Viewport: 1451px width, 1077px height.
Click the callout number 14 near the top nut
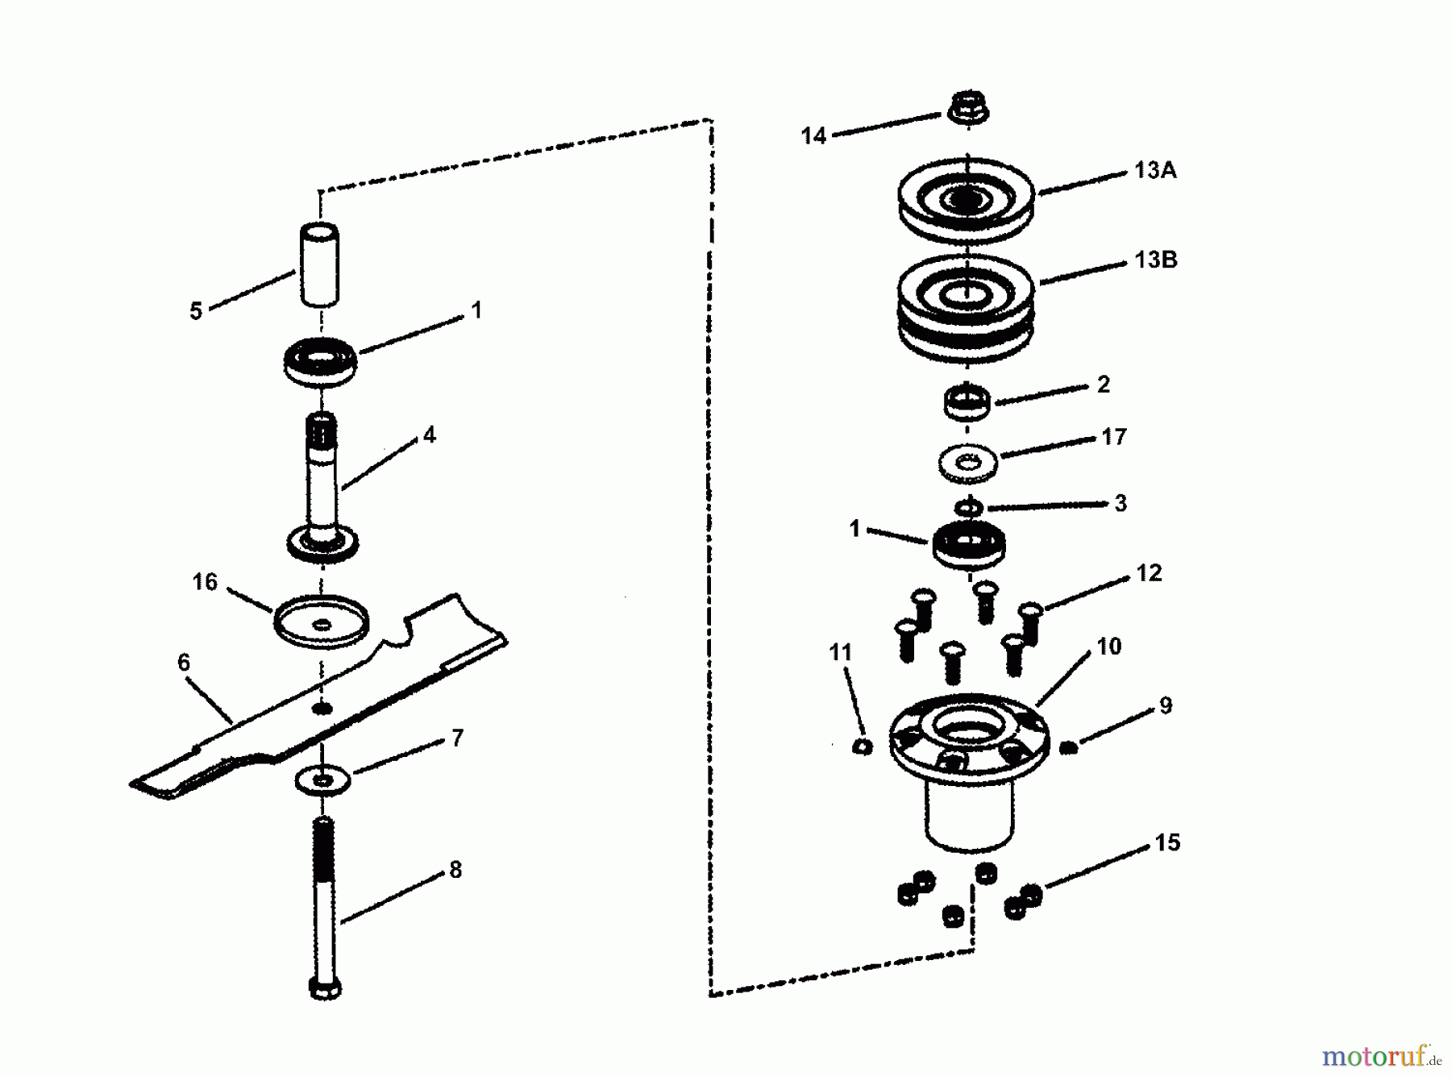[813, 135]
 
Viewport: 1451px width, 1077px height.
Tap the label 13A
[1154, 170]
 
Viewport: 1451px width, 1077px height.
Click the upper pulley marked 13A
[966, 200]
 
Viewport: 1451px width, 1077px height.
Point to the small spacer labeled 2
[967, 402]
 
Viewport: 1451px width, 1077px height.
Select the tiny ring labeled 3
[968, 508]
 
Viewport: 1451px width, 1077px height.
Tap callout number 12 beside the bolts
[1149, 573]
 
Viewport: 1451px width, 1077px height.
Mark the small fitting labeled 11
[862, 746]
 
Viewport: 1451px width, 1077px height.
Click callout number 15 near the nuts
[1166, 842]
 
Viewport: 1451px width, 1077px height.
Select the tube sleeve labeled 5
[320, 264]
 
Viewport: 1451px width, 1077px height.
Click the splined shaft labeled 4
[322, 484]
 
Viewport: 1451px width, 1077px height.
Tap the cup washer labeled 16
[321, 622]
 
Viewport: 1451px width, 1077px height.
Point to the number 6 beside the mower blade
[184, 663]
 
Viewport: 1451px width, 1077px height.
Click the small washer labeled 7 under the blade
[323, 780]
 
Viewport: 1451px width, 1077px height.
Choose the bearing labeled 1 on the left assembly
[321, 362]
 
